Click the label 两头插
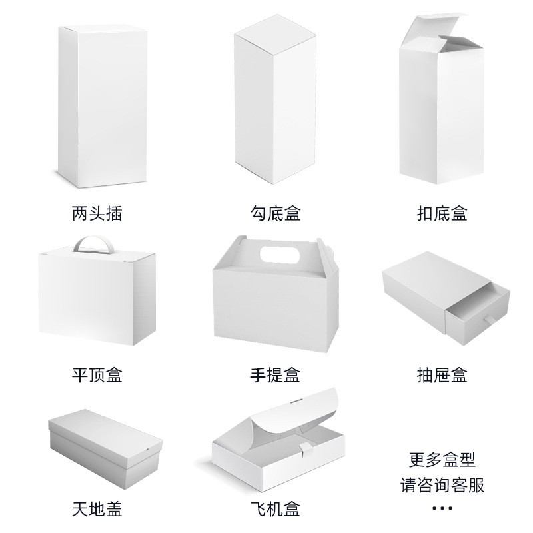click(x=97, y=213)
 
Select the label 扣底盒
click(x=442, y=213)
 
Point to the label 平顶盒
click(x=97, y=374)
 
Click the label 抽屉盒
click(x=442, y=374)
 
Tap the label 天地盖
click(x=97, y=510)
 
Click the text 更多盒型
click(x=442, y=460)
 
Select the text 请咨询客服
click(x=442, y=484)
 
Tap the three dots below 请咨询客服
click(x=442, y=508)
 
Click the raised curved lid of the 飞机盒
click(x=293, y=416)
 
